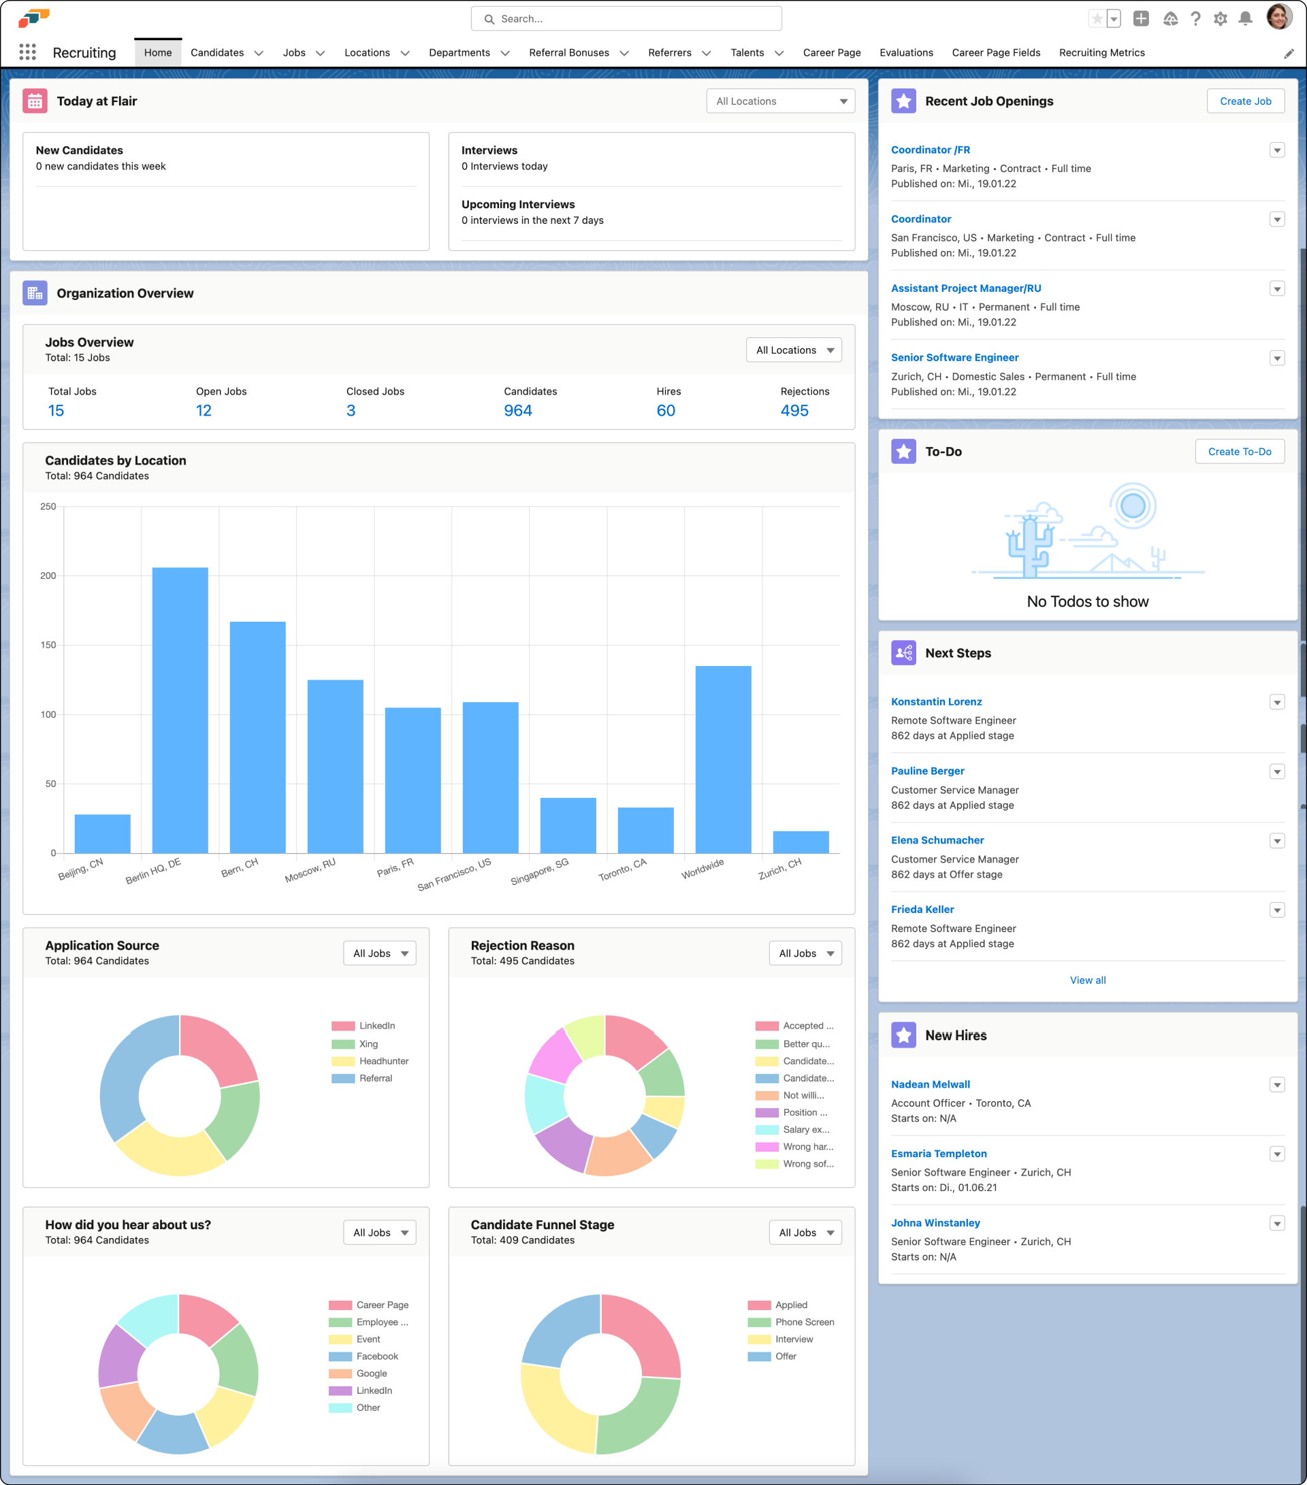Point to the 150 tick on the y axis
pos(48,645)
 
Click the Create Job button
pos(1244,101)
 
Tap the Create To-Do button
pos(1239,451)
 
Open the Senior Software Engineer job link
pos(954,357)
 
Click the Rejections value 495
pos(794,410)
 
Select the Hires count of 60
pos(665,410)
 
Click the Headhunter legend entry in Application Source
pos(383,1061)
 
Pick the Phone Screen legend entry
pos(804,1322)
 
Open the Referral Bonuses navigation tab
pos(569,52)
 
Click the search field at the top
pos(626,19)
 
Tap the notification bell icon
pos(1244,19)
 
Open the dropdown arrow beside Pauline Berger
pos(1276,771)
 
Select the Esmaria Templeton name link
pos(939,1153)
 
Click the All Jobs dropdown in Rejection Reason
pos(805,953)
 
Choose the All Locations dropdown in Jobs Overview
pos(793,350)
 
